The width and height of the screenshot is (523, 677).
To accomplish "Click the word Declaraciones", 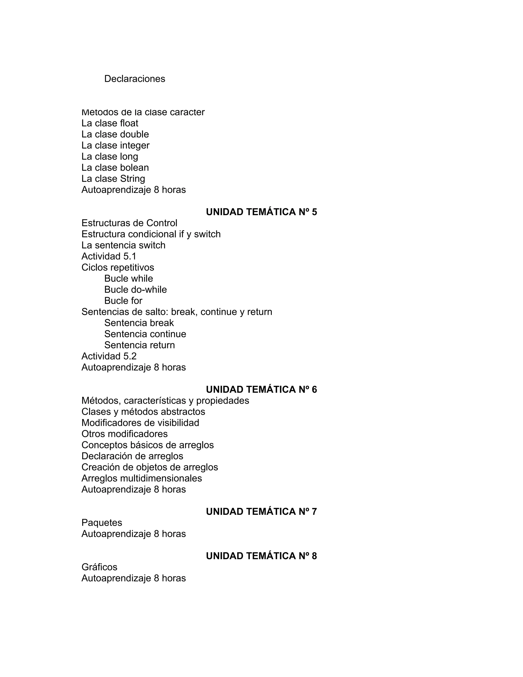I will (135, 79).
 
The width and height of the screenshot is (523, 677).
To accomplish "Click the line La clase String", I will (113, 179).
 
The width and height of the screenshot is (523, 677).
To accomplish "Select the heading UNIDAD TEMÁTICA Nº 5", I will (261, 212).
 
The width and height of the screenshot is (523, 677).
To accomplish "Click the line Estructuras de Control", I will (129, 223).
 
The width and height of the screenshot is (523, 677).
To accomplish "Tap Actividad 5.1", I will (109, 256).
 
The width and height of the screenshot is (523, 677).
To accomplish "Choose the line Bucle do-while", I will (135, 290).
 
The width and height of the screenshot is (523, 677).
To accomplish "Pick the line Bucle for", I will (123, 301).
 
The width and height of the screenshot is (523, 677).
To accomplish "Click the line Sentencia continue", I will (145, 334).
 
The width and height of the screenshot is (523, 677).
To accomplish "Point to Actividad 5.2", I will (109, 356).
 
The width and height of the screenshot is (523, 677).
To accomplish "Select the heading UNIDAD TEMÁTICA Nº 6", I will (261, 390).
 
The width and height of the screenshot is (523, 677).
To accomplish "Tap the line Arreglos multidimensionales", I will (141, 478).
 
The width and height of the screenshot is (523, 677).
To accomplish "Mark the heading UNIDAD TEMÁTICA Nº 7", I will (261, 512).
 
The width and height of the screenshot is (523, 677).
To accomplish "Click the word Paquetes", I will (102, 523).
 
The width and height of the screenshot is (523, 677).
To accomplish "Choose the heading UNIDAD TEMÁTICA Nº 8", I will (261, 556).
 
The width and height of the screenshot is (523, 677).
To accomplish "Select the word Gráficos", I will (99, 567).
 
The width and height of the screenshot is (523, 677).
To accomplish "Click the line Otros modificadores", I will (124, 434).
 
